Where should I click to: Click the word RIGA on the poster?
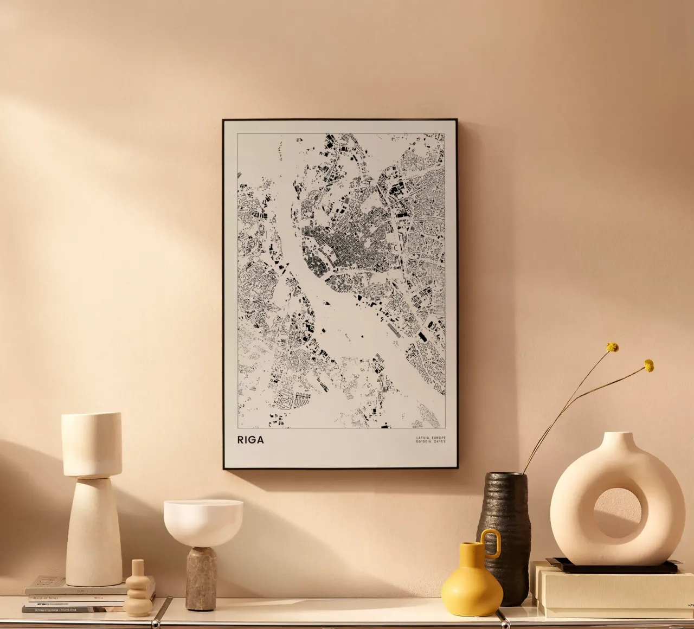coord(250,440)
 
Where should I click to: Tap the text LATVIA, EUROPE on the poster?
coord(430,438)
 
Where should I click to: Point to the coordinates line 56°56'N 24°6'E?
coord(430,442)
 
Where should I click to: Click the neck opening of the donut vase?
coord(618,435)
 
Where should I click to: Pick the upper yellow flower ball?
coord(613,347)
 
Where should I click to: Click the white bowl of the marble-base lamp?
coord(203,521)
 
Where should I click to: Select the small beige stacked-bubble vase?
coord(138,589)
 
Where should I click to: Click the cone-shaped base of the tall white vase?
coord(94,531)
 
